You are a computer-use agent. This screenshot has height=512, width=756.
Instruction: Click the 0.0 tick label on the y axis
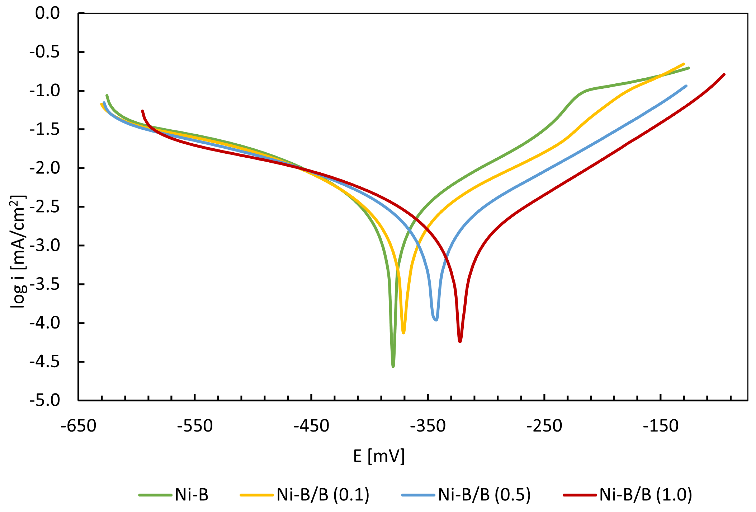48,13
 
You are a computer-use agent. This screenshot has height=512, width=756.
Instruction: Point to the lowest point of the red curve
460,341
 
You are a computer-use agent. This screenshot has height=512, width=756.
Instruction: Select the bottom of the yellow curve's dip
403,333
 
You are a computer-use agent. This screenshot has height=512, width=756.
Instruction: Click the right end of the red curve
724,75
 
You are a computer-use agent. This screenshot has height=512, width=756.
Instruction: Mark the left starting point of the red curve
143,111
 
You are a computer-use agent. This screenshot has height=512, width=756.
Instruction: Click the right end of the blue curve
686,86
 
